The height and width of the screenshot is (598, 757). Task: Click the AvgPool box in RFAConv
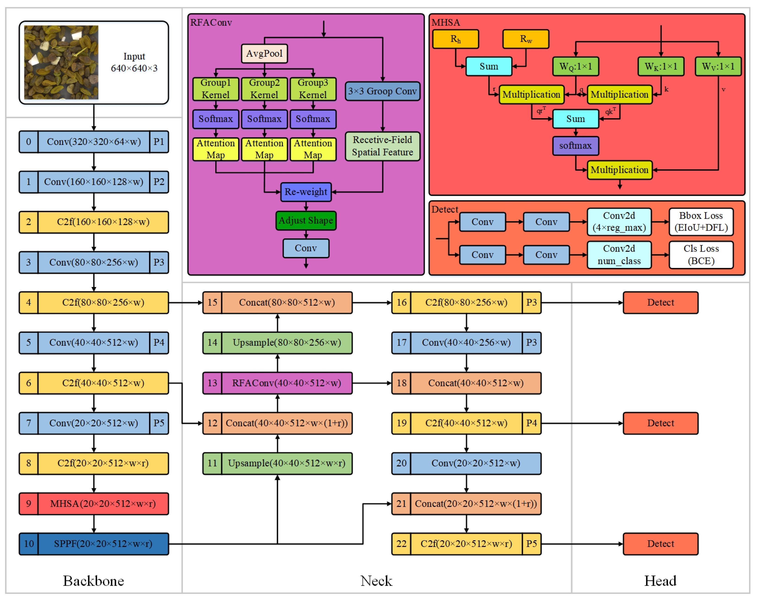(264, 54)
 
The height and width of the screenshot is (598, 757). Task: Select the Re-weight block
(306, 192)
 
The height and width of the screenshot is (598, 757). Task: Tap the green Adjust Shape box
(306, 221)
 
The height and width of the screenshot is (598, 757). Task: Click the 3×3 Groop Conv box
(383, 91)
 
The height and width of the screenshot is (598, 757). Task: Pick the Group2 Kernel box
(264, 89)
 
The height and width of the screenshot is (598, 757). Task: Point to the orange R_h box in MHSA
(455, 39)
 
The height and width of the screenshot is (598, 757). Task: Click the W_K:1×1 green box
(661, 66)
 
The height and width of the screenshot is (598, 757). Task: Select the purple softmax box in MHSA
(575, 146)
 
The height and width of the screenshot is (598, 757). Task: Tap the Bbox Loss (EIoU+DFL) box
(701, 222)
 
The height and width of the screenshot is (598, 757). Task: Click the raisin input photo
(61, 62)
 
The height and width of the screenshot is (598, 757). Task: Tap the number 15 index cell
(212, 303)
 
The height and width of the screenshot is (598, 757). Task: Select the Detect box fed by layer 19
(660, 423)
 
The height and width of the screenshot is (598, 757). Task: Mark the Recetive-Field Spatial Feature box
(383, 146)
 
